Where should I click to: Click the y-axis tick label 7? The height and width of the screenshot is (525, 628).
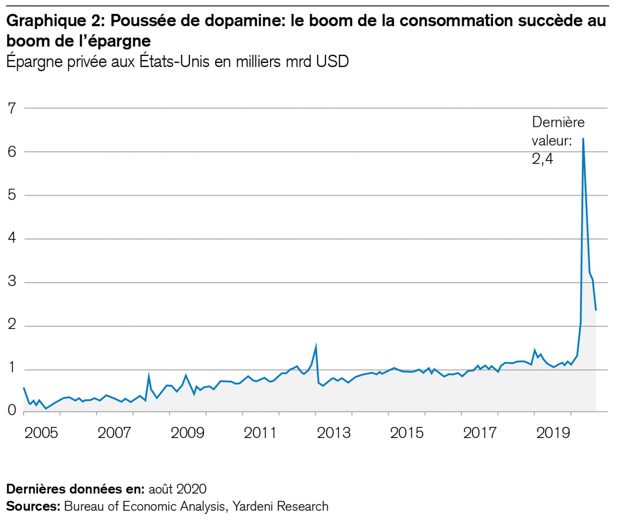coord(12,108)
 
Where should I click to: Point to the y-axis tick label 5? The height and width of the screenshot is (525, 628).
coord(12,195)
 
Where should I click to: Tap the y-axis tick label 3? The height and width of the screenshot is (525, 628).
coord(12,281)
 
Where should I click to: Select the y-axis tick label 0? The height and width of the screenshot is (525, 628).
coord(12,411)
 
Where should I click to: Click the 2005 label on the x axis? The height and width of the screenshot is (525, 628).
coord(41,433)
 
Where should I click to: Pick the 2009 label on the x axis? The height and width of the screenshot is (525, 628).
coord(187,433)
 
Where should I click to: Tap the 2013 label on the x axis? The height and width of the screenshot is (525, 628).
coord(333,433)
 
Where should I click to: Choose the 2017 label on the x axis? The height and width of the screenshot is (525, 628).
coord(480,433)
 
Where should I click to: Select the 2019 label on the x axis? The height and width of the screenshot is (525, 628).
coord(553,433)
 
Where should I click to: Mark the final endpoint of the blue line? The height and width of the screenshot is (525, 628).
coord(596,310)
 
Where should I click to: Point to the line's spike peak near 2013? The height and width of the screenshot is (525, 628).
coord(316,346)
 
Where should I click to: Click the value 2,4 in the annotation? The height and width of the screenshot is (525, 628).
coord(543,158)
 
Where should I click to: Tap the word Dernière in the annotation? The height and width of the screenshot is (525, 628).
coord(558,122)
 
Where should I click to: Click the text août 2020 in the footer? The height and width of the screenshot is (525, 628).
coord(177,489)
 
